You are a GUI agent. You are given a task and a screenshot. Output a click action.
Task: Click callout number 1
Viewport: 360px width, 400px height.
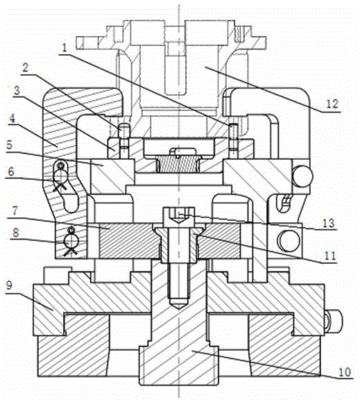click(x=65, y=48)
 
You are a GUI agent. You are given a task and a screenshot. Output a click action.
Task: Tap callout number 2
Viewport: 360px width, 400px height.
click(x=25, y=68)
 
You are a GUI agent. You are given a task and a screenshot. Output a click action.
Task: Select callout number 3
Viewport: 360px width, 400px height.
click(x=17, y=90)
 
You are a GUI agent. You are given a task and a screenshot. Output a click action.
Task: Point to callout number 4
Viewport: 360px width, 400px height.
click(x=12, y=118)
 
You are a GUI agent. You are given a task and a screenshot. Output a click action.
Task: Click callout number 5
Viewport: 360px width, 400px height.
click(x=10, y=145)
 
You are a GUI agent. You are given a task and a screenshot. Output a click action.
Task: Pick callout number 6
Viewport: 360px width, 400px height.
click(x=11, y=172)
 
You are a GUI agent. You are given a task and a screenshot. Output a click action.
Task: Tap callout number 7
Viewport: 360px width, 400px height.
click(x=15, y=211)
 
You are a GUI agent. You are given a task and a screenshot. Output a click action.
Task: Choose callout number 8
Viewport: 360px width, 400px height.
click(x=16, y=233)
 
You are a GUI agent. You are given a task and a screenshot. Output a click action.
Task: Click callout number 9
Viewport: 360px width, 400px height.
click(x=9, y=285)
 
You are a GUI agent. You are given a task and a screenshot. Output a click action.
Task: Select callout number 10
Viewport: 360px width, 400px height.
click(x=345, y=372)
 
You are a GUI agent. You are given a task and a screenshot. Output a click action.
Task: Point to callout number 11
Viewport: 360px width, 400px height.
click(x=330, y=256)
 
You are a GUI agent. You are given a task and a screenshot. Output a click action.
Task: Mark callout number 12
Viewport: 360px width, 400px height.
click(x=332, y=104)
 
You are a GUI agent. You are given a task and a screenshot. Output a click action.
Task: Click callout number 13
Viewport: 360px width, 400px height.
click(x=328, y=224)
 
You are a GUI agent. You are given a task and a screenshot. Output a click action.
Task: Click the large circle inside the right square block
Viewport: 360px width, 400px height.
click(x=289, y=241)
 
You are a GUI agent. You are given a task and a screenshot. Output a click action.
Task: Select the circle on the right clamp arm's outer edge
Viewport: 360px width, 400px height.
click(x=302, y=176)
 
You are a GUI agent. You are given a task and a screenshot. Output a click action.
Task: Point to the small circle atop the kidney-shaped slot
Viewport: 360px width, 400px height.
click(x=61, y=166)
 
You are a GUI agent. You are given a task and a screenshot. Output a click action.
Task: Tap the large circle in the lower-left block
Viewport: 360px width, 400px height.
click(x=70, y=240)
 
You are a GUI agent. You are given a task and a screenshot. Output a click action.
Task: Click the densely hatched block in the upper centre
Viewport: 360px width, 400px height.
click(x=178, y=165)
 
